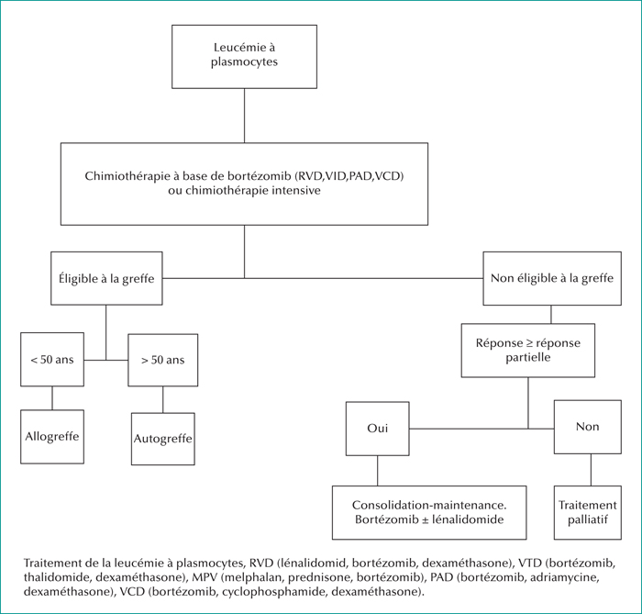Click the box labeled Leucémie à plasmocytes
(245, 57)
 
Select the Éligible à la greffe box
(106, 278)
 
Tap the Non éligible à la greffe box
(552, 278)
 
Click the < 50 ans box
(52, 359)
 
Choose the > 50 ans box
(163, 360)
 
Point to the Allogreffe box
(52, 437)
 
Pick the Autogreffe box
(163, 439)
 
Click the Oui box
(378, 429)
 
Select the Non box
(588, 427)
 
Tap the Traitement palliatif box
(588, 512)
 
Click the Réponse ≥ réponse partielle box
(528, 351)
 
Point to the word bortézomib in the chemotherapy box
(260, 176)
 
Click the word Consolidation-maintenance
(429, 505)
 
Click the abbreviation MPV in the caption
(205, 577)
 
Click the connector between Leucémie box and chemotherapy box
(245, 116)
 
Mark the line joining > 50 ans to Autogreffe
(163, 399)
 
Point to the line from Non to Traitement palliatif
(591, 470)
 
